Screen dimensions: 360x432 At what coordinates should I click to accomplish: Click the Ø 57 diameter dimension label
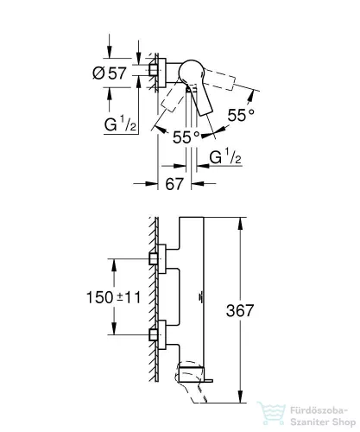point(110,73)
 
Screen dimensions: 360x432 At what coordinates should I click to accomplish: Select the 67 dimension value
point(174,184)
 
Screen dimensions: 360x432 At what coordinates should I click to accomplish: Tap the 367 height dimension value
point(240,310)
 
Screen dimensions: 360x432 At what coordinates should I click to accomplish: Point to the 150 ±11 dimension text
point(114,297)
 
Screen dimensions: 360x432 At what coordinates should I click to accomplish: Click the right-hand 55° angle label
point(241,115)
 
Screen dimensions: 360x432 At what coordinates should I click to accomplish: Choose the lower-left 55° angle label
point(186,137)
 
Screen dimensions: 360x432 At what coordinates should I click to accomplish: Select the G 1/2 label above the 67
point(225,156)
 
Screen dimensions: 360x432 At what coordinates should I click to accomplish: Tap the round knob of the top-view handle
point(191,73)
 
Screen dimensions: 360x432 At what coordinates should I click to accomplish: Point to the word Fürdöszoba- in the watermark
point(319,410)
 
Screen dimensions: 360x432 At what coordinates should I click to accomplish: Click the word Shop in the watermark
point(344,423)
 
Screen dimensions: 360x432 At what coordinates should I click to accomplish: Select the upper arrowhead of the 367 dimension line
point(241,224)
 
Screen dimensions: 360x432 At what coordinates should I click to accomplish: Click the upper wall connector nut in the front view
point(154,258)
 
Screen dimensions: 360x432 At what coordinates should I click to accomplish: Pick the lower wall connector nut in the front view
point(154,334)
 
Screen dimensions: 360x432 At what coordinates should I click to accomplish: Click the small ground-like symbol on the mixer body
point(200,298)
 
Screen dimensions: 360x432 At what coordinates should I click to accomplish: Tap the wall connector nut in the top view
point(154,70)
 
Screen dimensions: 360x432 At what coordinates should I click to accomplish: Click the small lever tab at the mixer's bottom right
point(208,381)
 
